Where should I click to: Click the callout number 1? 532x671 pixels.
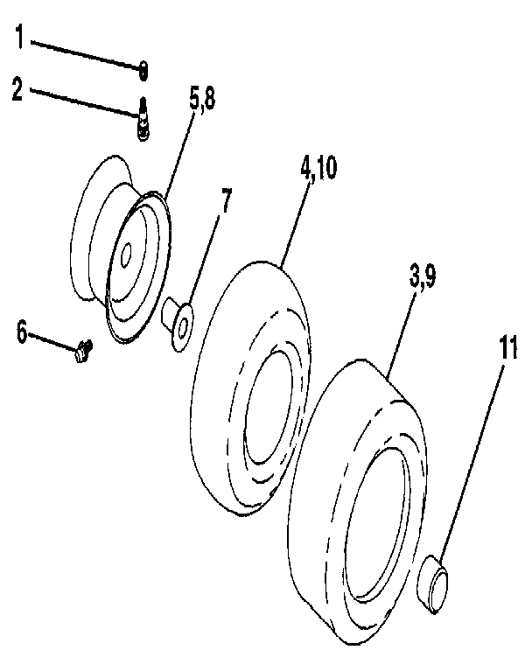click(20, 39)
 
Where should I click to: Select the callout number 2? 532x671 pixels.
click(17, 90)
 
